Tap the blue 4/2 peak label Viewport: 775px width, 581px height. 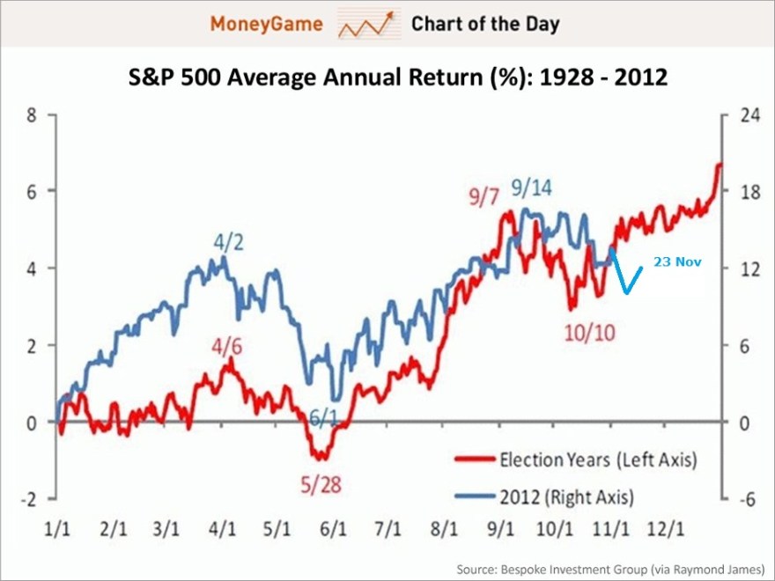pos(226,239)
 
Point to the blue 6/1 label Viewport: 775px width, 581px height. pos(321,418)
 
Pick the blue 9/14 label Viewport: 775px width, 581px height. pos(533,188)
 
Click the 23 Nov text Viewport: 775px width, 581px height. pos(677,261)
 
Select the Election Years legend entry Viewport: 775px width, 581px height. pos(577,460)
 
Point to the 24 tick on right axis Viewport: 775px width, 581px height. pos(746,114)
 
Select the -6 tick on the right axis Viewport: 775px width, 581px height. pos(746,499)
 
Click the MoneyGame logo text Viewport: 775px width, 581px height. pos(265,23)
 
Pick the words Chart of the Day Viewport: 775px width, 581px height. pos(484,24)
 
